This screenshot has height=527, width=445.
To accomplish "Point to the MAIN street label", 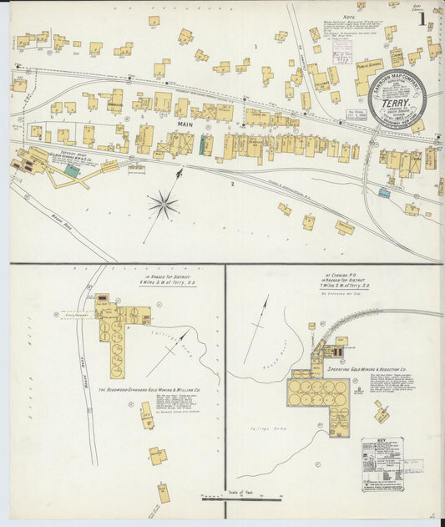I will tap(185, 124).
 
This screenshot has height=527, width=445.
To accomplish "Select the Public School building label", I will tap(368, 63).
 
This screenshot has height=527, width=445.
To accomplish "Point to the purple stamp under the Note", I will tap(341, 58).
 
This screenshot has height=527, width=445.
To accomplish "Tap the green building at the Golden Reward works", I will tap(73, 170).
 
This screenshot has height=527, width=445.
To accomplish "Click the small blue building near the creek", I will tap(383, 192).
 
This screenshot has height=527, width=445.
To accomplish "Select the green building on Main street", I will tap(200, 144).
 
